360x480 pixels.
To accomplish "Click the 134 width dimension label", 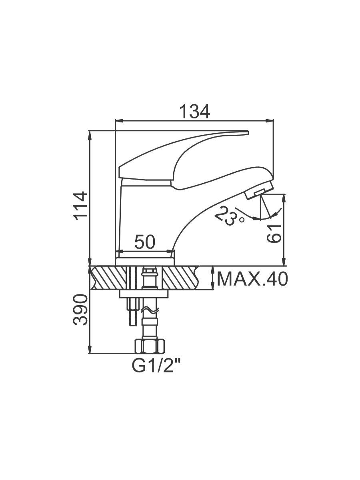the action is click(194, 112).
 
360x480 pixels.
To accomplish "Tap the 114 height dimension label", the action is click(81, 206).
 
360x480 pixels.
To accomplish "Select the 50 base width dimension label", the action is click(145, 242).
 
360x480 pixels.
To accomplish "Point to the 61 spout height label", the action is click(274, 233).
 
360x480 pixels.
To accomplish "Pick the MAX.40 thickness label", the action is click(252, 279).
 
